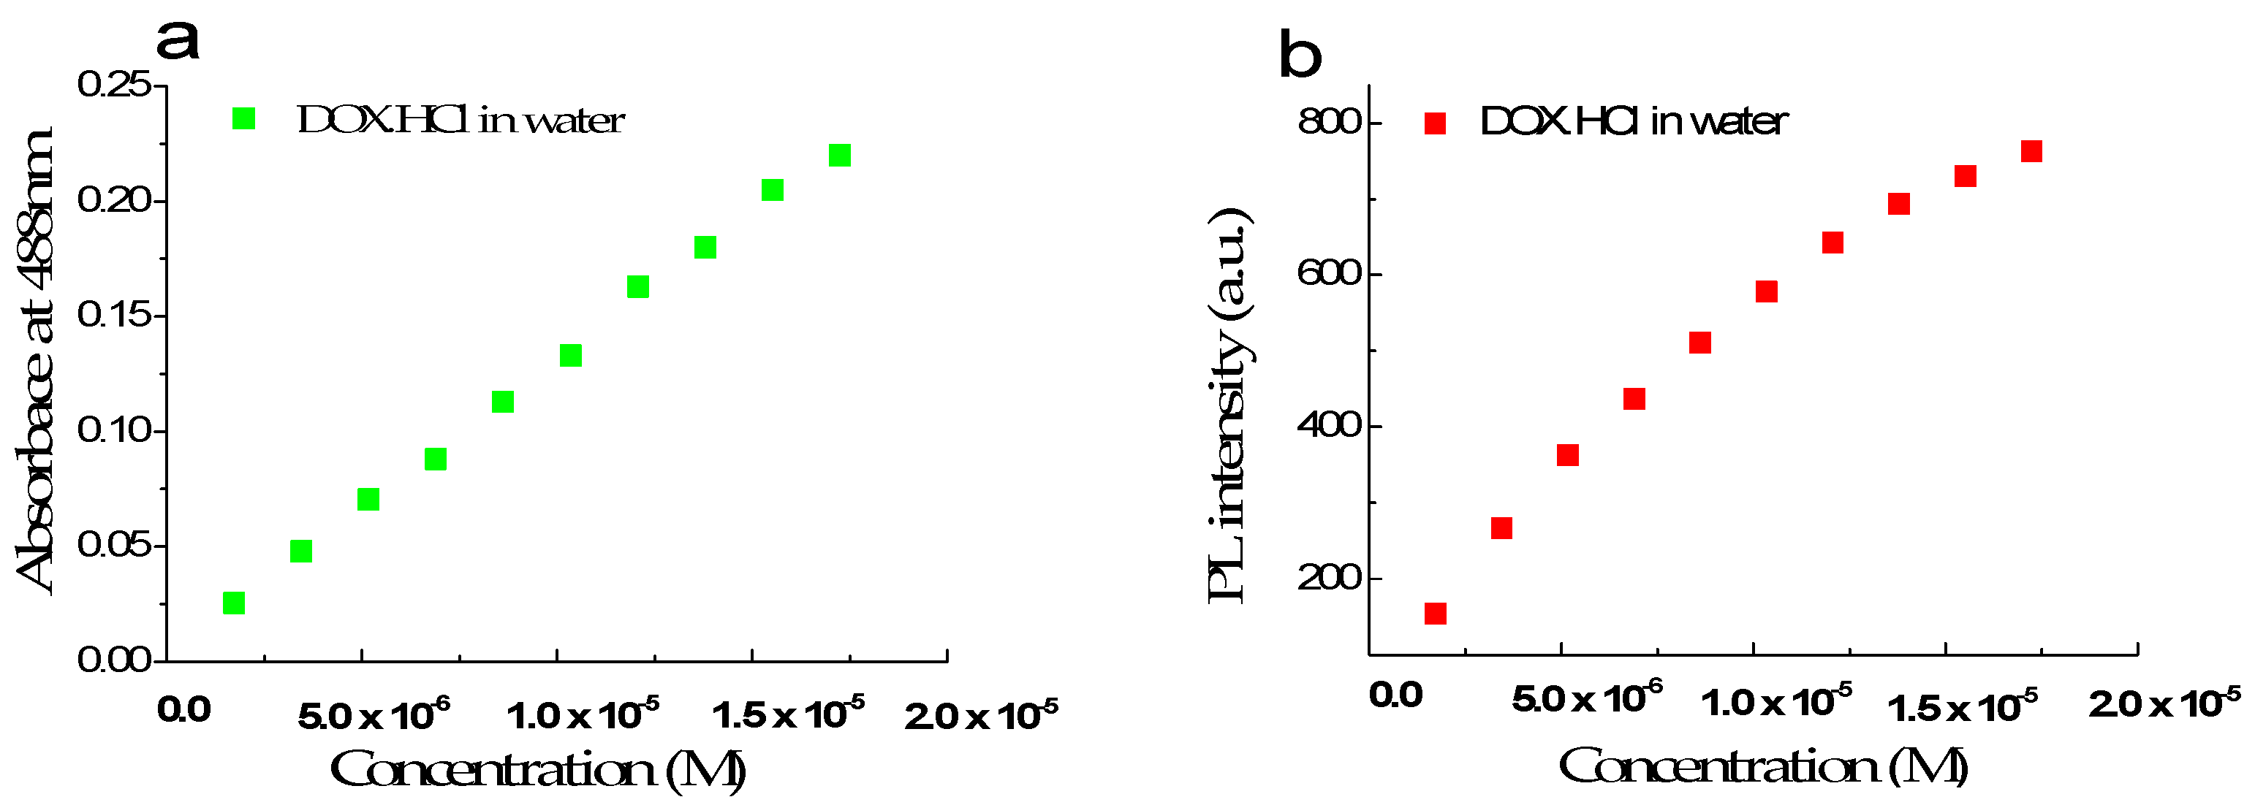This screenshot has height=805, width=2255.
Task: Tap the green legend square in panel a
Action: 243,118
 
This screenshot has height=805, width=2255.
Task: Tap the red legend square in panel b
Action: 1435,123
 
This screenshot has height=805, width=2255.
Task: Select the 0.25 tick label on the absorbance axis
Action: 115,85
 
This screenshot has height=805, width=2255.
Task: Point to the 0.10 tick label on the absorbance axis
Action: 115,430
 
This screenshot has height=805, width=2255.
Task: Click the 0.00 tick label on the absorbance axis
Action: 115,660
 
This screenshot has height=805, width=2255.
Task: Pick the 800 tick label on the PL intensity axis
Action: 1330,121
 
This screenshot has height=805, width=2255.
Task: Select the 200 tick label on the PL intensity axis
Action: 1330,579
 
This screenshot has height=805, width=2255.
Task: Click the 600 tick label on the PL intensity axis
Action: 1330,274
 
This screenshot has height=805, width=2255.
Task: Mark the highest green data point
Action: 839,155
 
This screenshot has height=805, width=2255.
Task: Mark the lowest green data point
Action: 234,603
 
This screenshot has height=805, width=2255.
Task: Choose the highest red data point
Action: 2032,151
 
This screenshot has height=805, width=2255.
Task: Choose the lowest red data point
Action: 1435,614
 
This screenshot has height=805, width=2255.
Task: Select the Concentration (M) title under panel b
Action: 1763,767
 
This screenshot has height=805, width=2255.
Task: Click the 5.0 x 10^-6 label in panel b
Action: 1586,699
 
